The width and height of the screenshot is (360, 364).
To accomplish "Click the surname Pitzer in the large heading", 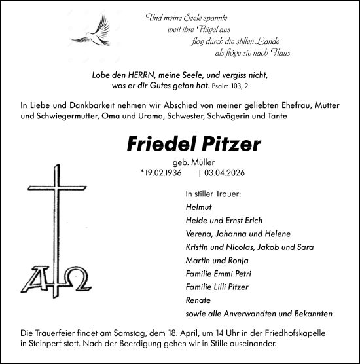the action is click(x=224, y=145).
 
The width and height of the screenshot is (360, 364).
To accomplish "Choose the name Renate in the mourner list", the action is click(x=198, y=300).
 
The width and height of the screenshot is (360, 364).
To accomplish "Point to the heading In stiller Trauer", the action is click(x=213, y=194).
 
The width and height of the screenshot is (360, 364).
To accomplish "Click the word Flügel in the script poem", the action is click(x=221, y=30).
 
